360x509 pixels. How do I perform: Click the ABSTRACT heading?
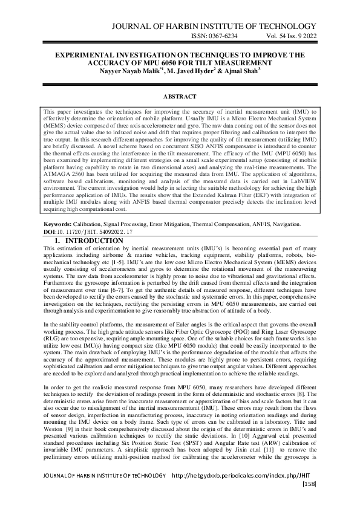pos(180,97)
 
